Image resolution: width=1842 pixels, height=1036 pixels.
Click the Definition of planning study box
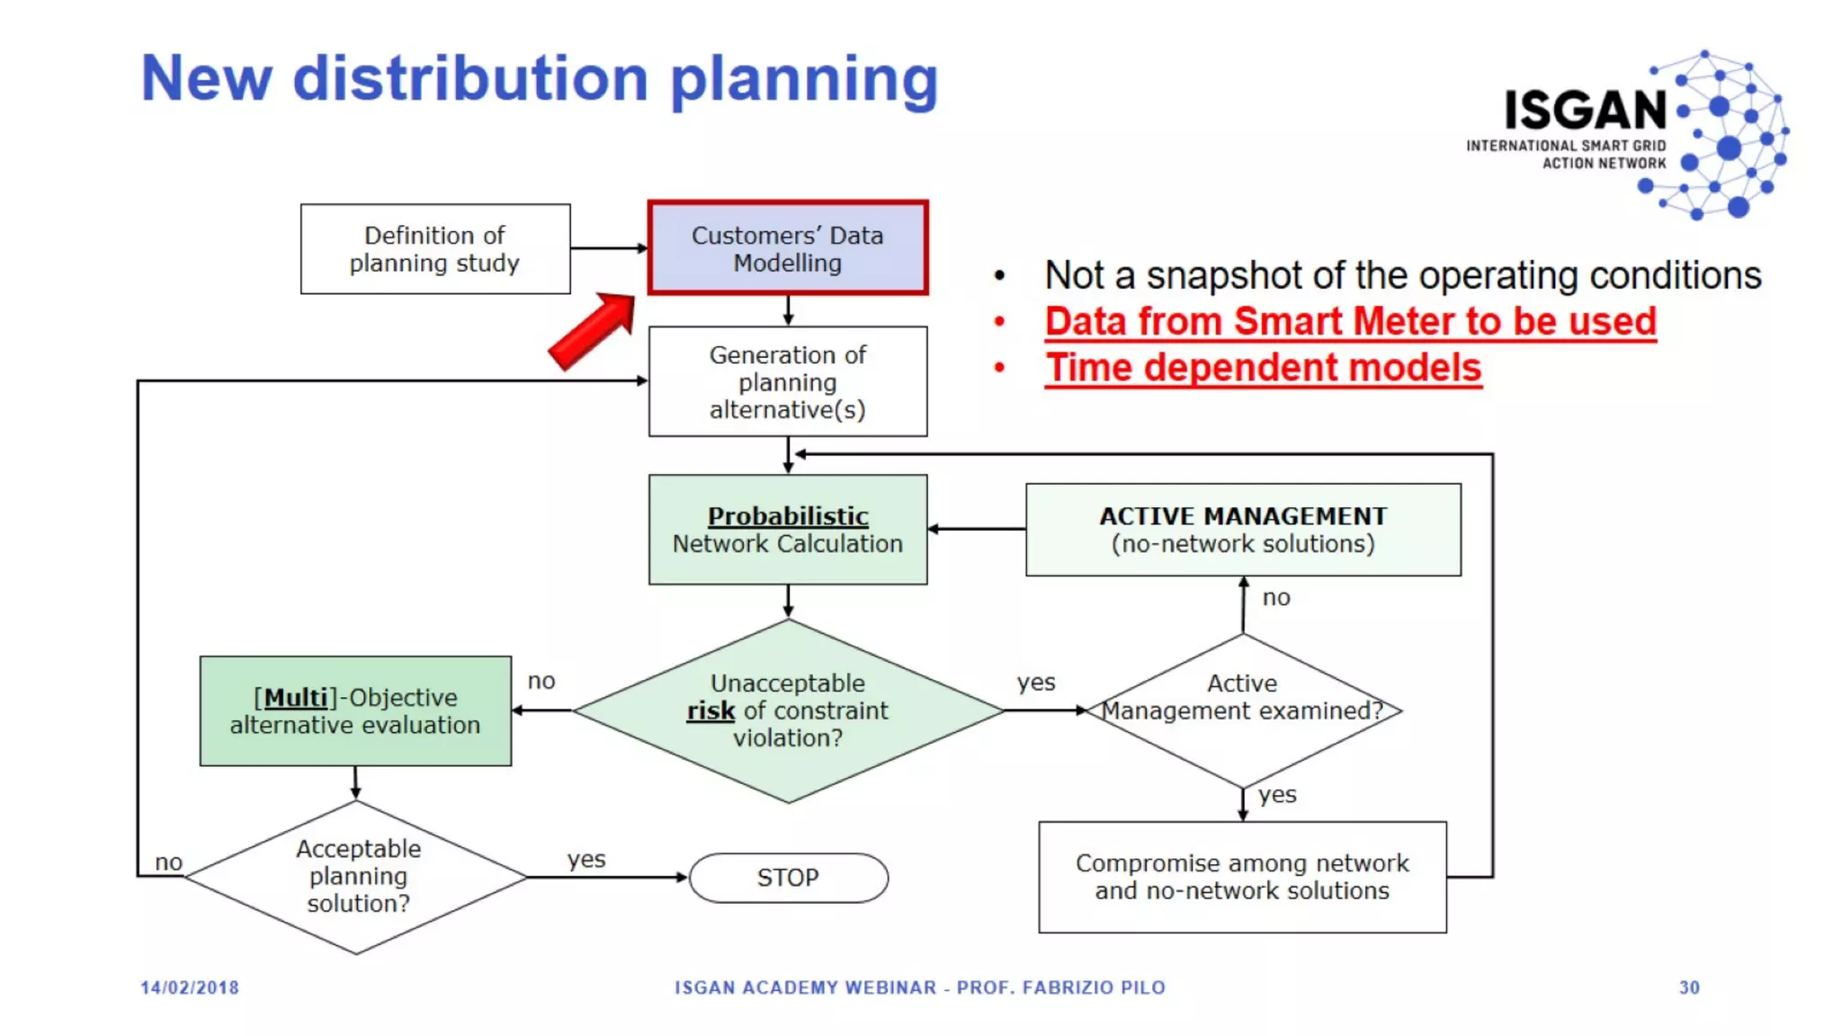pos(434,249)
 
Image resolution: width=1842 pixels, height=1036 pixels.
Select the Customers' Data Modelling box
pos(787,249)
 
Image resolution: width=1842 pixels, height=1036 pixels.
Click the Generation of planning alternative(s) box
pos(787,382)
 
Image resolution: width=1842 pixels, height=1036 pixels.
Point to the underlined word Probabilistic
pos(787,516)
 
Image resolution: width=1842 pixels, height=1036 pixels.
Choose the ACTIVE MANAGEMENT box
pos(1243,530)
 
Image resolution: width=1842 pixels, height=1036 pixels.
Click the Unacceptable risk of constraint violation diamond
pos(787,711)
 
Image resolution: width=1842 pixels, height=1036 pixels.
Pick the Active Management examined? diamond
pos(1243,710)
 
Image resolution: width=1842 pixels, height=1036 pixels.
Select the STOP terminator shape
pos(788,878)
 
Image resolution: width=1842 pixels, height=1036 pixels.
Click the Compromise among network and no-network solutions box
pos(1242,877)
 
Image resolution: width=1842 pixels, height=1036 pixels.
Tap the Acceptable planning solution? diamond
pos(357,877)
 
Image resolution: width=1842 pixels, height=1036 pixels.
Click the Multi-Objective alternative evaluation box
pos(355,711)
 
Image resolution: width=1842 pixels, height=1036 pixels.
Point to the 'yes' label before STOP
pos(586,859)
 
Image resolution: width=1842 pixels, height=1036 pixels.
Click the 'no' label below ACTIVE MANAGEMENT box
pos(1275,598)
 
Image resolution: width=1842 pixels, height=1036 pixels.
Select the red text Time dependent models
pos(1263,368)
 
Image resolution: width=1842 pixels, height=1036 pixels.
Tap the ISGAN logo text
pos(1586,111)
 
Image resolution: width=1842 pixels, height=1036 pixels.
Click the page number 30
pos(1689,987)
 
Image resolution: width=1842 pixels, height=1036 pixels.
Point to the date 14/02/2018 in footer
pos(190,987)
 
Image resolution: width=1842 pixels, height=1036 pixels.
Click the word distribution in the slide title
pos(470,79)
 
